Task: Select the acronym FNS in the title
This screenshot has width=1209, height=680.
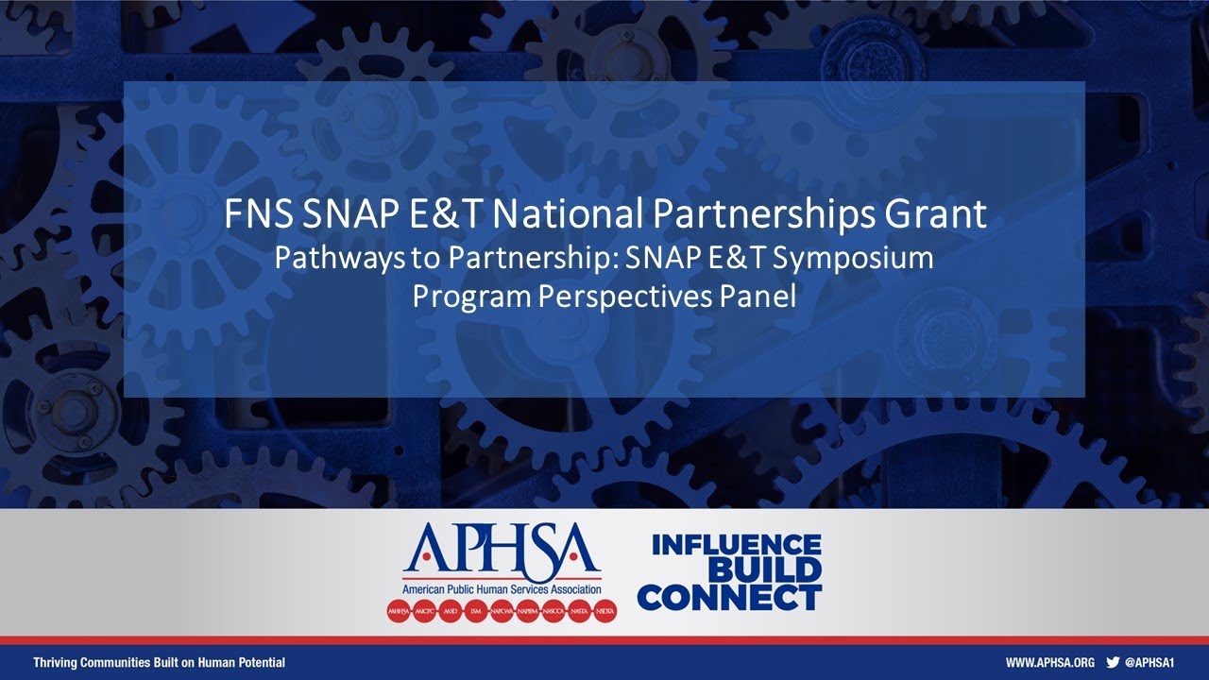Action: tap(260, 215)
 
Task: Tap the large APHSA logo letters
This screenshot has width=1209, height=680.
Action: tap(501, 551)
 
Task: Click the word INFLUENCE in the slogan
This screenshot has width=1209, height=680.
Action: tap(736, 545)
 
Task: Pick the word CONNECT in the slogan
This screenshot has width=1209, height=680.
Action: tap(729, 597)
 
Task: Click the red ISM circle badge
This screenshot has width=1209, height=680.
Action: tap(475, 611)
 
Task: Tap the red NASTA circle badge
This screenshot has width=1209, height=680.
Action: tap(580, 611)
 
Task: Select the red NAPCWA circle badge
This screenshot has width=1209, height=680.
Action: tap(502, 611)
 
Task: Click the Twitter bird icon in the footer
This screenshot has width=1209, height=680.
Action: tap(1113, 662)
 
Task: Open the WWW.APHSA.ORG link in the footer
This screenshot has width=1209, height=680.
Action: tap(1049, 662)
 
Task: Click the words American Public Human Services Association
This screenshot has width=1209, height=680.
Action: tap(502, 589)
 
